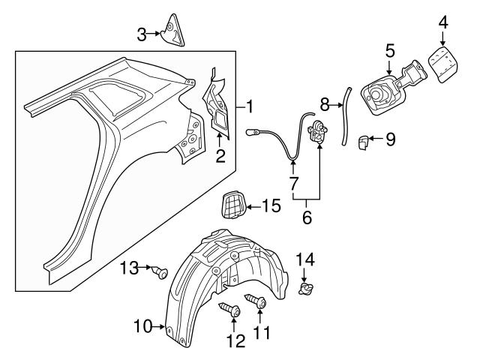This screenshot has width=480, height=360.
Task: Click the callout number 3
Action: point(142,33)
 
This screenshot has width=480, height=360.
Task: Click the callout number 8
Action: point(325,103)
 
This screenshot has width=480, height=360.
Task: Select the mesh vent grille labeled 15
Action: point(234,204)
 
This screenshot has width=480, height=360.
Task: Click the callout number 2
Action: point(220,157)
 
